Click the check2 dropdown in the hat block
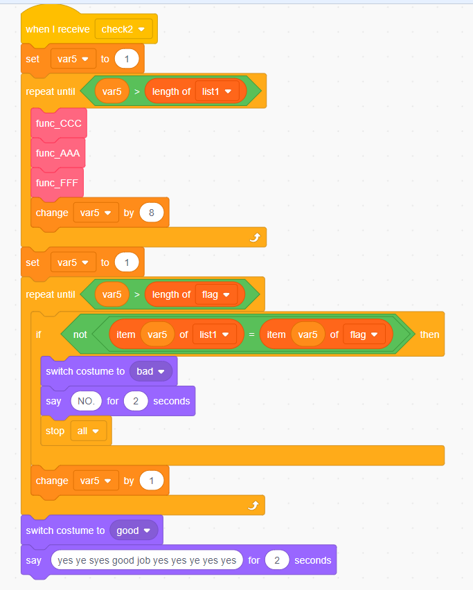click(124, 29)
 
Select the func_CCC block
click(59, 123)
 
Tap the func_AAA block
click(59, 153)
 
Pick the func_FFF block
click(57, 183)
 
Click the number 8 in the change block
click(151, 213)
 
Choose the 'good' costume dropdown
click(133, 530)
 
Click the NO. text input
click(86, 401)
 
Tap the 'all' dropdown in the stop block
click(89, 431)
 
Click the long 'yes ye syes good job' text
click(147, 560)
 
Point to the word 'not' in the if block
click(80, 334)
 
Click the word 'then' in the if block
click(429, 334)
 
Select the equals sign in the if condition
click(251, 334)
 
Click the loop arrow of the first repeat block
click(255, 238)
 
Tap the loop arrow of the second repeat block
click(253, 506)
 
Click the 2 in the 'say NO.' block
click(136, 401)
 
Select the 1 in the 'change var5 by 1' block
click(151, 481)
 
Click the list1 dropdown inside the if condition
click(214, 334)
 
